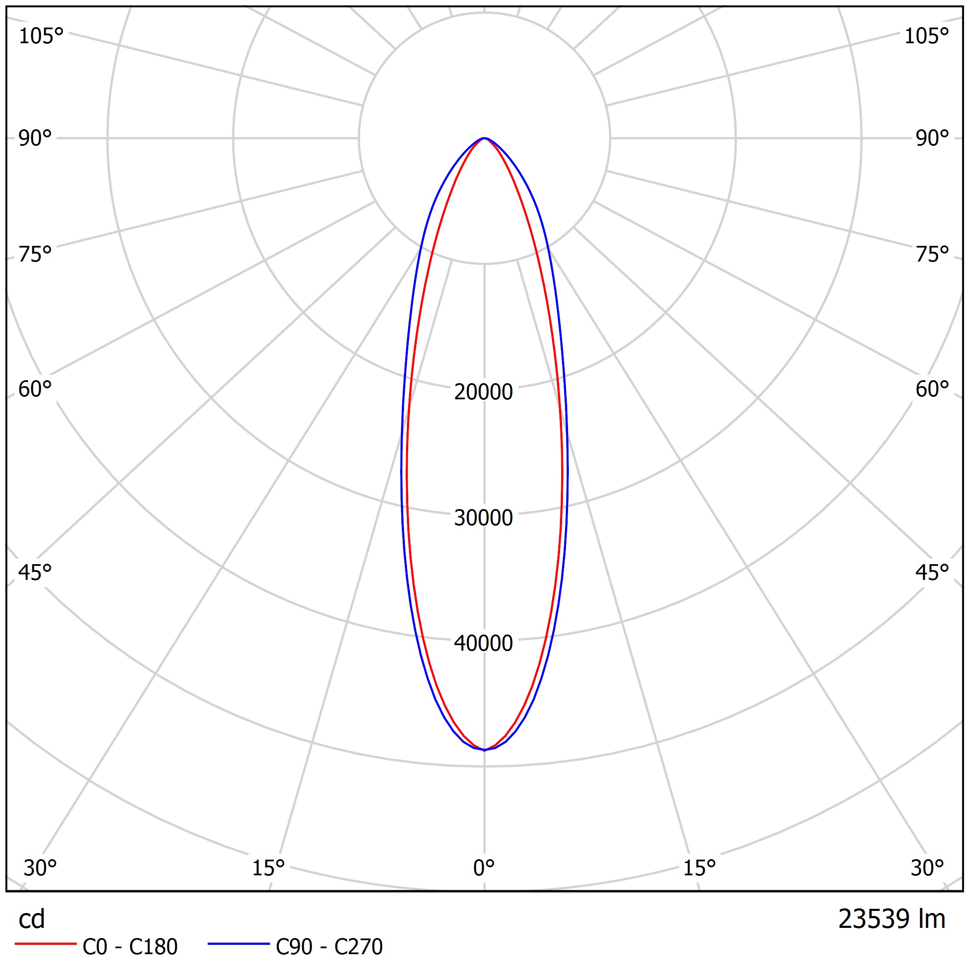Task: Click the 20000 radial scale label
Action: click(484, 392)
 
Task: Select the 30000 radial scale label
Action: click(484, 518)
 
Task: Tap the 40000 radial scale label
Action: click(484, 643)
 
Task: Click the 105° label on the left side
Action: click(41, 36)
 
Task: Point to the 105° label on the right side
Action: click(926, 36)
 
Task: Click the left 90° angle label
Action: click(35, 138)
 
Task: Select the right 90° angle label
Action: click(932, 138)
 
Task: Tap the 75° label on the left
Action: click(35, 254)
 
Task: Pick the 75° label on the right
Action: click(932, 254)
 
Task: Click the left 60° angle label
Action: click(35, 389)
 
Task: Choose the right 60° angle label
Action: click(932, 389)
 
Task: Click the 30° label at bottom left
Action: click(40, 868)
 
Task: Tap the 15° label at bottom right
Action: click(699, 868)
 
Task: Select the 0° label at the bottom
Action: click(484, 868)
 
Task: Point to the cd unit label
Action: click(32, 919)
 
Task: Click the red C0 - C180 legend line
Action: click(45, 944)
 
